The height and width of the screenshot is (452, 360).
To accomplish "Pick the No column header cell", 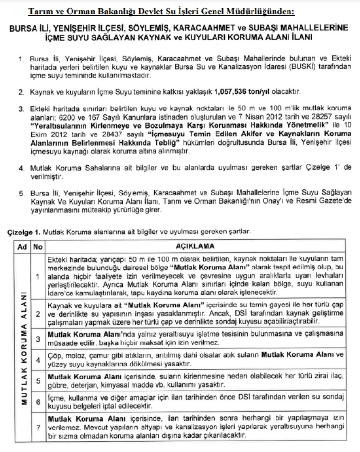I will tap(37, 246).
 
